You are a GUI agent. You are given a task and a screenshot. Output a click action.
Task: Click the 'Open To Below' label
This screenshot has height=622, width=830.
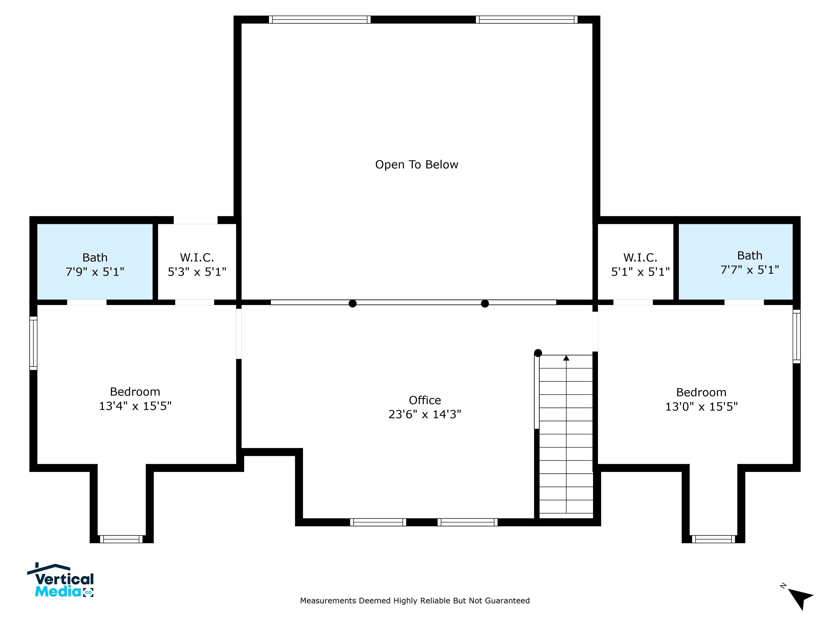pyautogui.click(x=417, y=165)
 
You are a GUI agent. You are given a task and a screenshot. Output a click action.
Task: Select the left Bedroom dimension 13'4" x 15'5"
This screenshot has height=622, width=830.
pyautogui.click(x=135, y=406)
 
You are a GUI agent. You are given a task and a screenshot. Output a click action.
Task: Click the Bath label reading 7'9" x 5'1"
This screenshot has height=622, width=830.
pyautogui.click(x=95, y=265)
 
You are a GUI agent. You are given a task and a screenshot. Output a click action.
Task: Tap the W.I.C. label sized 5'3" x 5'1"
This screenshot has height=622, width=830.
pyautogui.click(x=197, y=265)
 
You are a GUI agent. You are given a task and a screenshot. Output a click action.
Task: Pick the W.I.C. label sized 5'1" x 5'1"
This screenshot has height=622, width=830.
pyautogui.click(x=641, y=265)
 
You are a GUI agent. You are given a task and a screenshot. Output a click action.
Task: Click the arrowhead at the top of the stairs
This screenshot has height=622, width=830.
pyautogui.click(x=566, y=358)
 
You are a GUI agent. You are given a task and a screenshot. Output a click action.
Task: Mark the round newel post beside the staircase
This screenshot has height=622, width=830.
pyautogui.click(x=538, y=353)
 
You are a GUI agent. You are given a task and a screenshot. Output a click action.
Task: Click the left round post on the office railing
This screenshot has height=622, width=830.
pyautogui.click(x=352, y=304)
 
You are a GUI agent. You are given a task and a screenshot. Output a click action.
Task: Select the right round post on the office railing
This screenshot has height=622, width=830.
pyautogui.click(x=485, y=304)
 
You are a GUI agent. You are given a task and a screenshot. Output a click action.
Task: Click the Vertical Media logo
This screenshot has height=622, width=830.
pyautogui.click(x=61, y=580)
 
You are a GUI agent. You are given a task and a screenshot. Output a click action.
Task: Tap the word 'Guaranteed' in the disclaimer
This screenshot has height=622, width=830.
pyautogui.click(x=507, y=601)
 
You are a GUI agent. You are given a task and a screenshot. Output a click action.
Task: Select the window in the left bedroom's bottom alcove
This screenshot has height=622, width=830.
pyautogui.click(x=121, y=539)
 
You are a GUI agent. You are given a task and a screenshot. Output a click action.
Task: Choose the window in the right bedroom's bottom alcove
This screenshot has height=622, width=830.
pyautogui.click(x=713, y=539)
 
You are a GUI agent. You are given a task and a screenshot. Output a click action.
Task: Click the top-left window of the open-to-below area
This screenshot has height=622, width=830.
pyautogui.click(x=320, y=19)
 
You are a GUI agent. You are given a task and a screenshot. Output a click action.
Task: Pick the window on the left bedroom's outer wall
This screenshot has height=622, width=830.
pyautogui.click(x=34, y=343)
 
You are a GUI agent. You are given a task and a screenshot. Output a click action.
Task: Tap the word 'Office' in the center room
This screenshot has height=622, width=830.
pyautogui.click(x=425, y=400)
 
